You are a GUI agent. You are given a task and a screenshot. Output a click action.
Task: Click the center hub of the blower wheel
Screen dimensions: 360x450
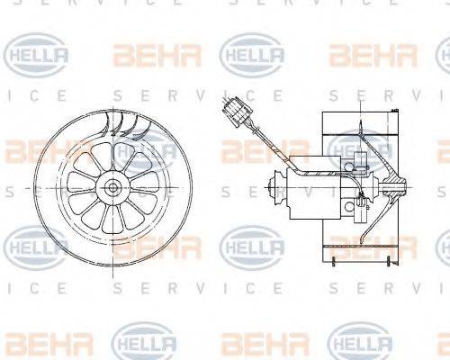[x=114, y=186]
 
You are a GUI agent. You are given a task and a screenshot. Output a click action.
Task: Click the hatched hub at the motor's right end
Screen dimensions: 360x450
[x=391, y=188]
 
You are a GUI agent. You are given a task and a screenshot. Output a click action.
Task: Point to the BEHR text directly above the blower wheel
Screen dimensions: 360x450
[x=144, y=56]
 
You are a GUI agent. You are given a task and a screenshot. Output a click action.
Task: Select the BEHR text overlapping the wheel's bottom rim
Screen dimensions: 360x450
[x=144, y=245]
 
